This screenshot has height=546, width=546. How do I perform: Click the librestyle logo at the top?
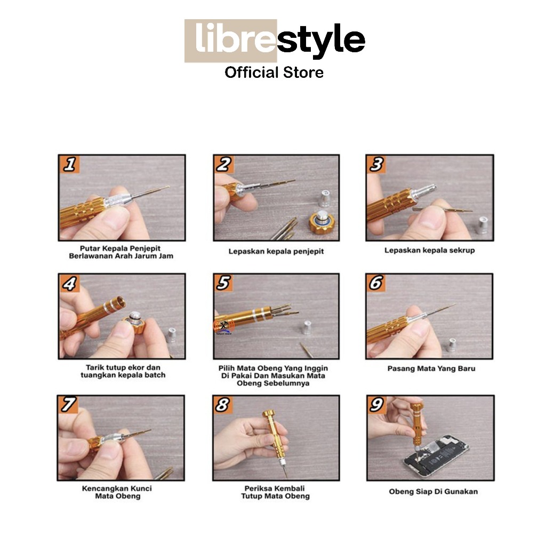point(275,41)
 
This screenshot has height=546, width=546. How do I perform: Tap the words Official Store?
point(274,73)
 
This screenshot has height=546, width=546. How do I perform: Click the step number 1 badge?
point(70,164)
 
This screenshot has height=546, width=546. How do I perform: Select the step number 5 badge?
point(223,283)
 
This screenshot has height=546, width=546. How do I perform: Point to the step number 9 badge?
point(377,405)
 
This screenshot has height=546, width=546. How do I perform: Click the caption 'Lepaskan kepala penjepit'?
point(276,251)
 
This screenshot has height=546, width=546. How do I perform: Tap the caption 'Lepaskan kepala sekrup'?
point(429,250)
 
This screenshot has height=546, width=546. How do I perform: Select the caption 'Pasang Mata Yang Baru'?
point(431,368)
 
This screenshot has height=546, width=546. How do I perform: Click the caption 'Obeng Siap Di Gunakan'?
point(433,491)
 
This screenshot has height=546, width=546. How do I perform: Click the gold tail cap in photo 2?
point(322,222)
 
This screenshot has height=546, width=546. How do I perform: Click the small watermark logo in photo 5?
point(223,327)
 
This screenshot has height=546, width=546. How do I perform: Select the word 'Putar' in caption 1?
point(91,248)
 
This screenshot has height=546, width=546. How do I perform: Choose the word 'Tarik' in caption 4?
point(94,367)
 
